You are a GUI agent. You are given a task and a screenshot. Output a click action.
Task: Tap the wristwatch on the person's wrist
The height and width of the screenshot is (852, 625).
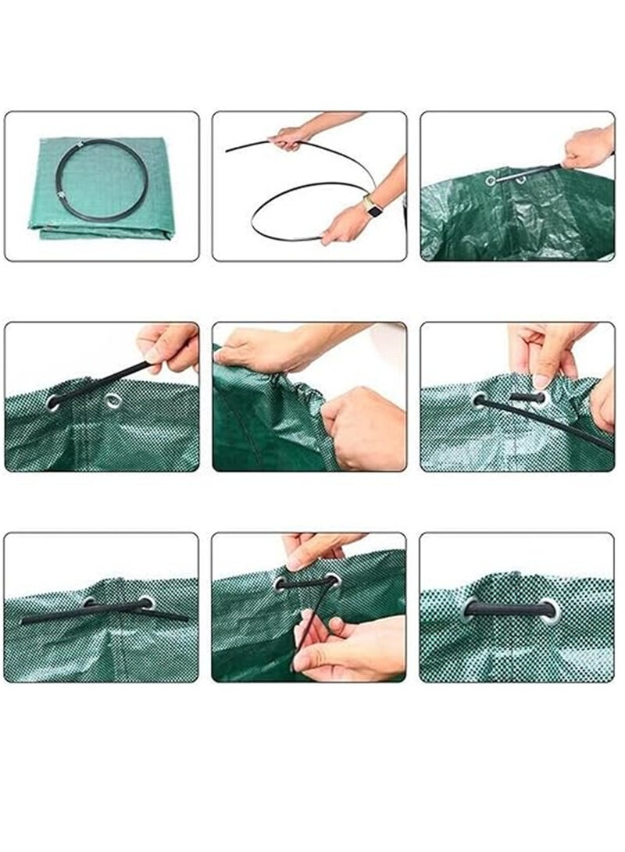pos(373,209)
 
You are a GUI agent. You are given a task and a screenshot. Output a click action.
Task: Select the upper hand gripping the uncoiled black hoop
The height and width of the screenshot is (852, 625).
pos(289,138)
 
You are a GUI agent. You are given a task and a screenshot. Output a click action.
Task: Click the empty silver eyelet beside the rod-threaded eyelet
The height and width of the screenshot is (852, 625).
pos(112,401)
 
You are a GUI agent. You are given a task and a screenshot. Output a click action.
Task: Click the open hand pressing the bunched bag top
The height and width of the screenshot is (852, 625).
pos(258,351)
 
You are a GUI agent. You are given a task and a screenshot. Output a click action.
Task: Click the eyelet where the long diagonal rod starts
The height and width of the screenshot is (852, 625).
pos(479,400)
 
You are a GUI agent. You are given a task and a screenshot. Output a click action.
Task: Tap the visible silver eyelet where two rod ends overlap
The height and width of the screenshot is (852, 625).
pos(146,603)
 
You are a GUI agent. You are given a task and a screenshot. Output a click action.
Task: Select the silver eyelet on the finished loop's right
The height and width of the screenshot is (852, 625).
pos(552,609)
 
